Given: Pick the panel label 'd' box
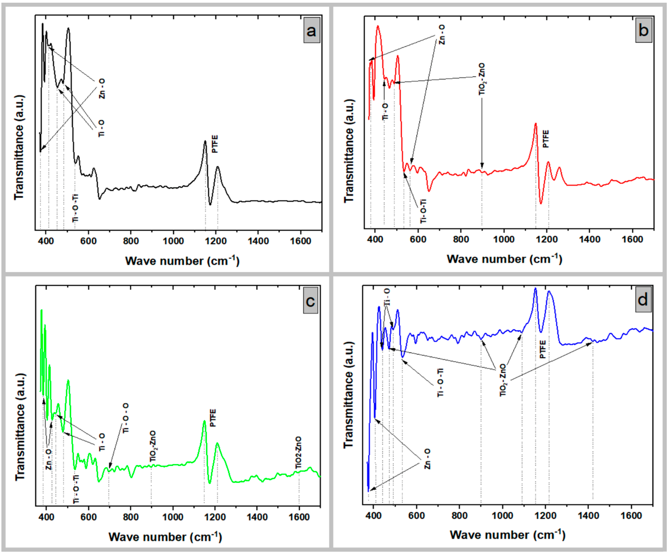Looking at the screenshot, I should [643, 299].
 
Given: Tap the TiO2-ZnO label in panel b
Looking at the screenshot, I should [482, 79].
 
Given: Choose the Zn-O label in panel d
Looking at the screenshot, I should [427, 459].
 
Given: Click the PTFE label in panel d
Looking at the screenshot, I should [543, 349].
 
